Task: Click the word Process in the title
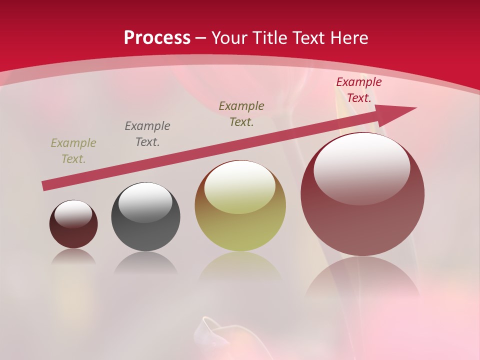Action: [x=157, y=38]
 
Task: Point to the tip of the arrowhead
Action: [x=415, y=108]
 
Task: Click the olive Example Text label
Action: [x=73, y=151]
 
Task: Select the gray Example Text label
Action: [x=147, y=134]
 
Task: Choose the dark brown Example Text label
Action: [x=241, y=114]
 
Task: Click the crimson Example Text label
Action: [x=359, y=90]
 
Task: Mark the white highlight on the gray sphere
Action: [x=145, y=201]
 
